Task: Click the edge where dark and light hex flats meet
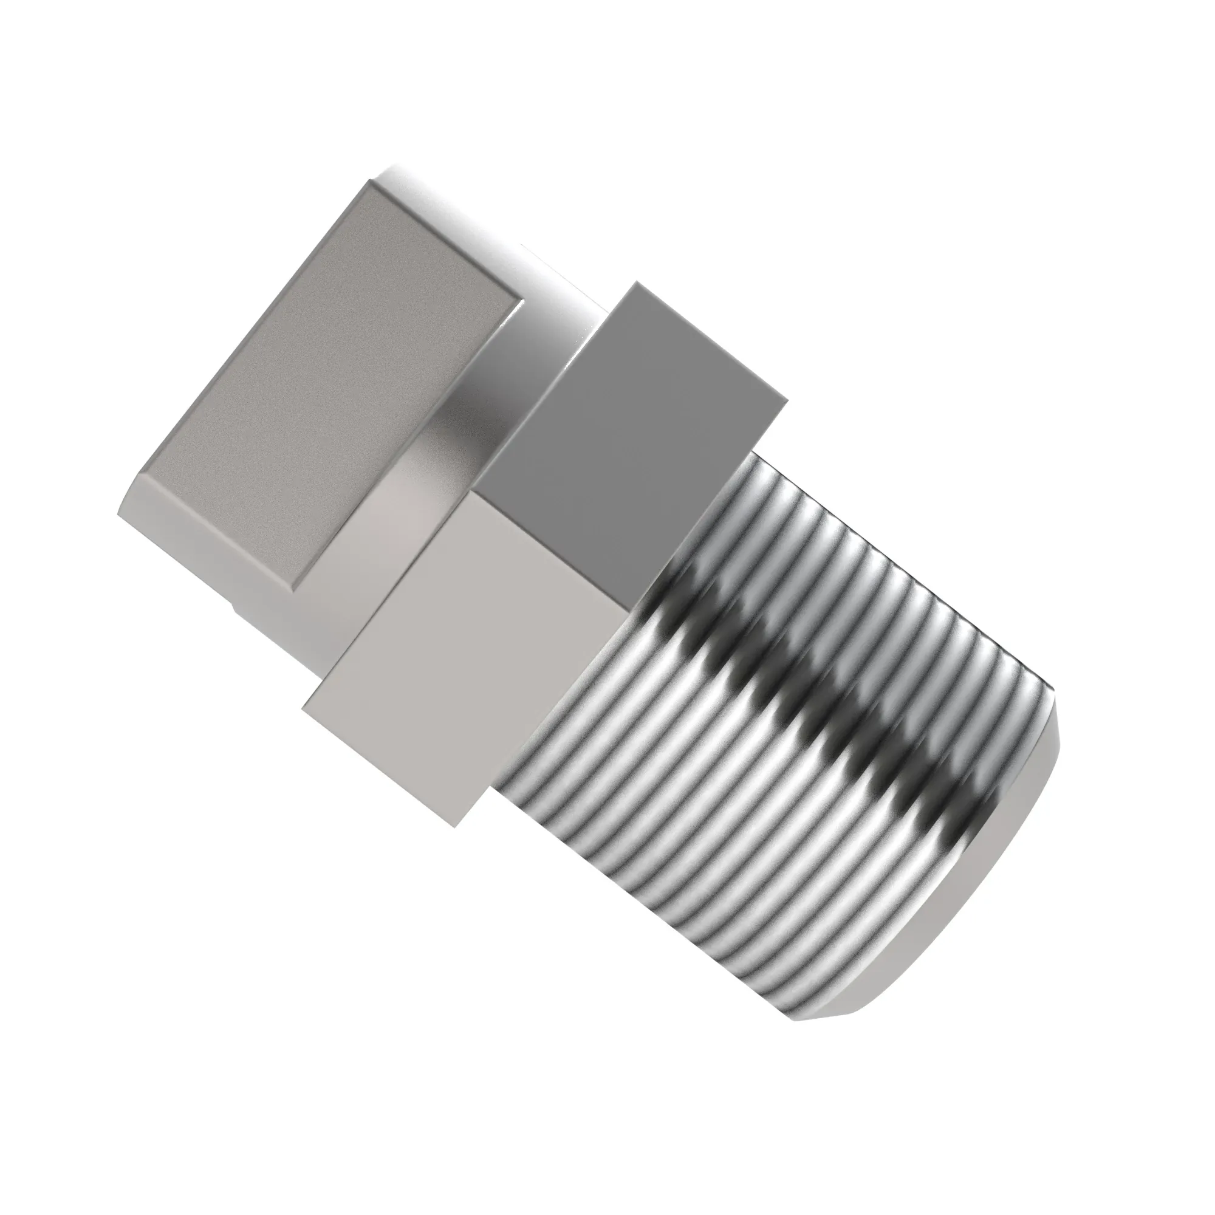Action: tap(553, 547)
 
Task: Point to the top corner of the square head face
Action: tap(371, 181)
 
